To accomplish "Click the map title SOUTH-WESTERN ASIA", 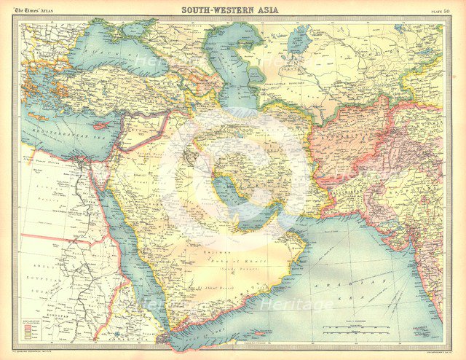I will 232,9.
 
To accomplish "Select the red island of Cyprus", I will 95,125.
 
